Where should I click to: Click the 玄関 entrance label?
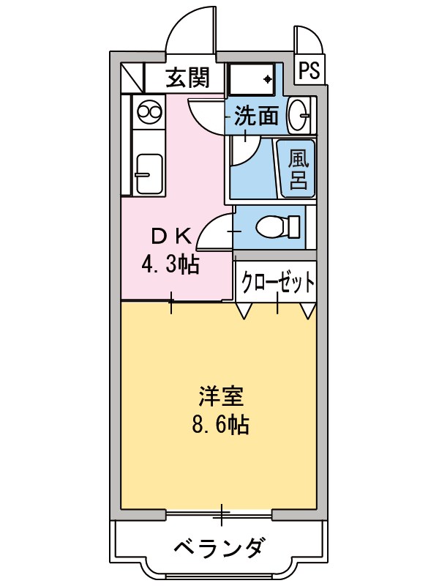[x=187, y=77]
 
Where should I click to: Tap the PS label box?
[x=309, y=70]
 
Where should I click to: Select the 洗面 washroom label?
[x=256, y=116]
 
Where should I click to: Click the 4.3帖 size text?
[x=170, y=264]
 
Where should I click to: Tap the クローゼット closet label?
[x=279, y=281]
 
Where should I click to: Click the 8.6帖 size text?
[x=220, y=424]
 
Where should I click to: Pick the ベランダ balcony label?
[x=220, y=547]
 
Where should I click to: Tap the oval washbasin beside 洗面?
[x=299, y=116]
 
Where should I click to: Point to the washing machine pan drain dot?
[x=268, y=78]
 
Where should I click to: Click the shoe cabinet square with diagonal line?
[x=132, y=76]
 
